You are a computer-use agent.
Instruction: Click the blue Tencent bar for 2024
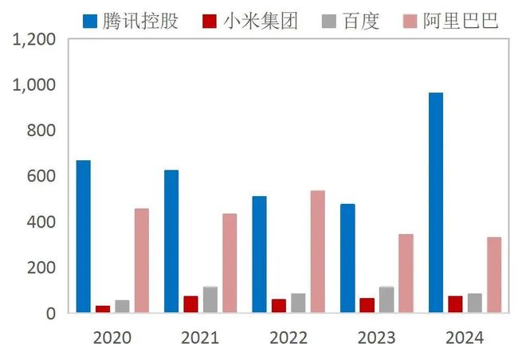coord(436,202)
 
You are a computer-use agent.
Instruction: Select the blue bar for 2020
coord(84,237)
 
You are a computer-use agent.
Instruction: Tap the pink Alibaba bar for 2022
coord(318,251)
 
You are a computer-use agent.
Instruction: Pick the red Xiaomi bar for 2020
coord(103,308)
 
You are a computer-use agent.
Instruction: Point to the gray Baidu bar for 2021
coord(210,299)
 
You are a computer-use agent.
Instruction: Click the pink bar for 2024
coord(494,275)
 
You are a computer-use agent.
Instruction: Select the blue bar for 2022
coord(260,254)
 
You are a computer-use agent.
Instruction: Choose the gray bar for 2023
coord(387,299)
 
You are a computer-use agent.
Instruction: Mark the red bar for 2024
coord(455,304)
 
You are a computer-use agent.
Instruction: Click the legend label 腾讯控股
coord(141,21)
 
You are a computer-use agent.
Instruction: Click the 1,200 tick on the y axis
coord(35,39)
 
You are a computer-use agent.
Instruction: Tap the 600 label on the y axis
coord(43,176)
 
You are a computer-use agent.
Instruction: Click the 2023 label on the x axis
coord(376,338)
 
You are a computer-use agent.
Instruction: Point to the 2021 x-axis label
coord(200,338)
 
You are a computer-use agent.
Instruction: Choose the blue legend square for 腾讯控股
coord(90,21)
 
